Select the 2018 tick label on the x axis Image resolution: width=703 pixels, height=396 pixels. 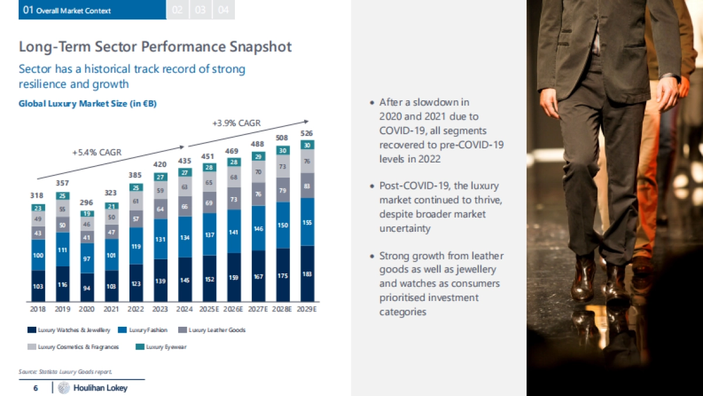coord(38,309)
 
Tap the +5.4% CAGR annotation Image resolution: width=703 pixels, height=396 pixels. coord(97,153)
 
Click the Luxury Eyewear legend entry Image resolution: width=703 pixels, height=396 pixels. coord(161,347)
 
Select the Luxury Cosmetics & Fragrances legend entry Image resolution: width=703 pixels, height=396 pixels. coord(73,347)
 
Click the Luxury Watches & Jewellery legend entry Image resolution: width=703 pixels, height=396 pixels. coord(69,330)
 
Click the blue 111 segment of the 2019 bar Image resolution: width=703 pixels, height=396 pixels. coord(63,249)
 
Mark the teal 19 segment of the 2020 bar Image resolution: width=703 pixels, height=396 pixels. coord(87,214)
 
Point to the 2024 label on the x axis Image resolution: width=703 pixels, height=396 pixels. coord(185,309)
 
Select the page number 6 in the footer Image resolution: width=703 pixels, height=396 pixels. coord(36,388)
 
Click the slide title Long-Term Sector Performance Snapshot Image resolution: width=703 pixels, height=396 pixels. coord(155,46)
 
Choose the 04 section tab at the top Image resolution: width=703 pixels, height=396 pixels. coord(223,10)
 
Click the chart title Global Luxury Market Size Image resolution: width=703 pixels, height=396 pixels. coord(87,104)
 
